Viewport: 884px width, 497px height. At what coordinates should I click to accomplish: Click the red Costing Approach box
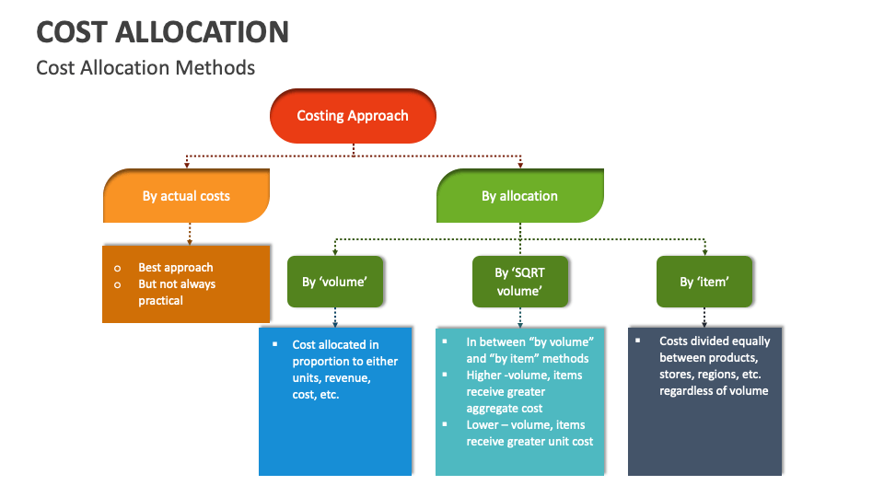click(x=353, y=116)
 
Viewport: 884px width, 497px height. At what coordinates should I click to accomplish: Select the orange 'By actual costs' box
click(x=186, y=196)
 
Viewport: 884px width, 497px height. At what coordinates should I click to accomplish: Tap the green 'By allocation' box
click(x=519, y=196)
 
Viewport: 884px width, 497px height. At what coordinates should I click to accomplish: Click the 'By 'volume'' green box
click(x=334, y=282)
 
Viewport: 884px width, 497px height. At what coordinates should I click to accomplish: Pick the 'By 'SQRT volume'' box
click(x=519, y=282)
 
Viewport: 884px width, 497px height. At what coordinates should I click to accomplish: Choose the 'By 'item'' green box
click(x=704, y=282)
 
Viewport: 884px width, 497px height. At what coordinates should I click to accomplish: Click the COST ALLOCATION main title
click(x=162, y=32)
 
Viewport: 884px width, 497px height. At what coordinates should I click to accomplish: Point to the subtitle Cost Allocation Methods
click(x=145, y=68)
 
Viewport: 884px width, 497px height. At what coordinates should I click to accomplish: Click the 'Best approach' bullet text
click(x=175, y=268)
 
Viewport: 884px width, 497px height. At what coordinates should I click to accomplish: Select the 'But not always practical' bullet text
click(x=176, y=292)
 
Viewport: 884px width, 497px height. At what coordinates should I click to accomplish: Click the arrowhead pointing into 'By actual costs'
click(x=187, y=166)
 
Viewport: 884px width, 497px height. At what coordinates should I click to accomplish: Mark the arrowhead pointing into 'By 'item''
click(x=704, y=251)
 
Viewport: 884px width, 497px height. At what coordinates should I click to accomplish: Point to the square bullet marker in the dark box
click(x=638, y=341)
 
